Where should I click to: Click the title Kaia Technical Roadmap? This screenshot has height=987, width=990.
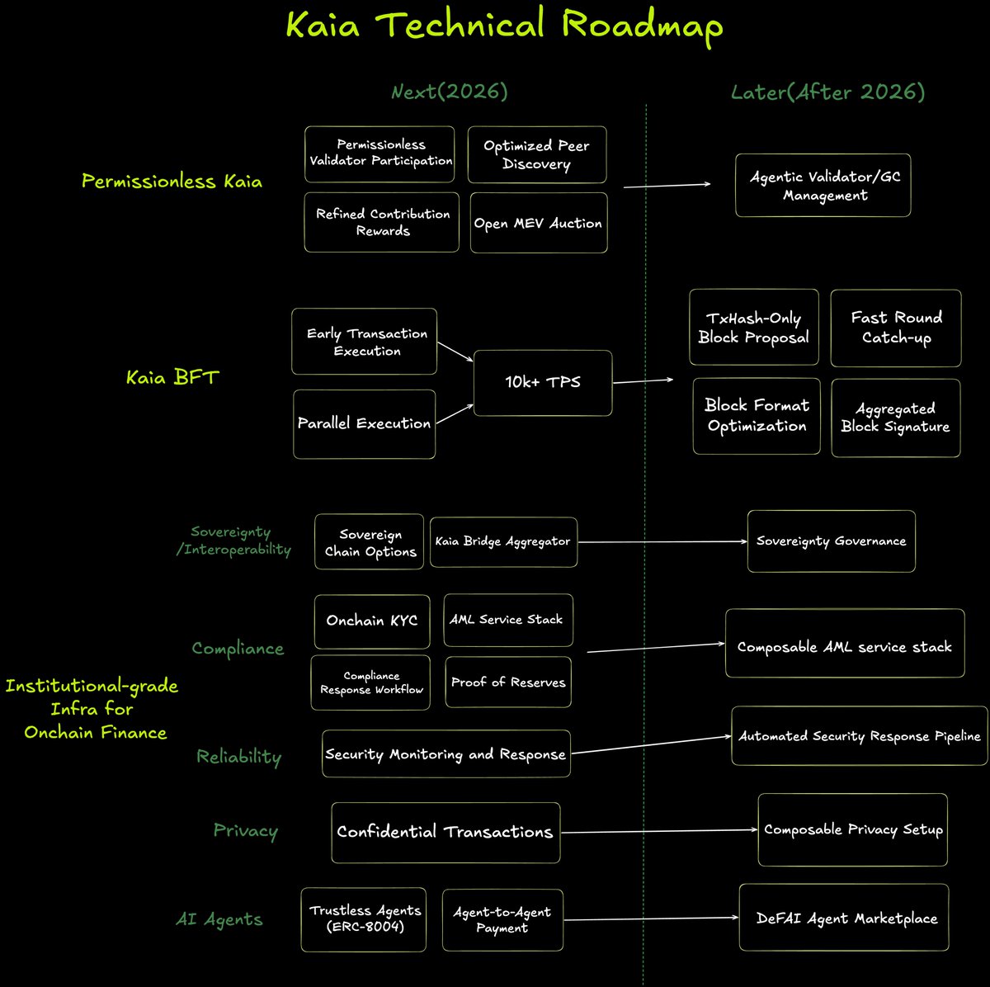(x=504, y=26)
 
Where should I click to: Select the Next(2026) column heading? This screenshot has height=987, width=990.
(x=450, y=92)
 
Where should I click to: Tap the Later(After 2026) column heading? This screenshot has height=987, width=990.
(x=827, y=92)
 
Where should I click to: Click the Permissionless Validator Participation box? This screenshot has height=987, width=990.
(x=379, y=153)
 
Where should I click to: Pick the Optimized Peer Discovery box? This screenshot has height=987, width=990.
(x=536, y=154)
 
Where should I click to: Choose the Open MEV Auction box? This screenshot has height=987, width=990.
(x=538, y=223)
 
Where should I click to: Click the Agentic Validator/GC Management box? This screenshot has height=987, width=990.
(x=823, y=186)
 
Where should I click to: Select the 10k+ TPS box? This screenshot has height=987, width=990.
(x=542, y=382)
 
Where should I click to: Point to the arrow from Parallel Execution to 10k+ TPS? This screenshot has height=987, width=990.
(x=455, y=413)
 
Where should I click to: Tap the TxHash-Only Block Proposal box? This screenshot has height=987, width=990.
(x=753, y=328)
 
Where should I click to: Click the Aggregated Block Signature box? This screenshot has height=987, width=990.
(x=895, y=418)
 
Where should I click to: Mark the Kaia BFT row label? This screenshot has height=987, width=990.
(x=172, y=378)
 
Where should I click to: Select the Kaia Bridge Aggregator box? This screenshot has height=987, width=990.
(x=503, y=542)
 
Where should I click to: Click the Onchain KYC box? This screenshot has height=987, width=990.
(x=371, y=621)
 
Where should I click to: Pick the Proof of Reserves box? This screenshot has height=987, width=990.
(x=507, y=682)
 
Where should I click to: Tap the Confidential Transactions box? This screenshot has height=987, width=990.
(x=445, y=832)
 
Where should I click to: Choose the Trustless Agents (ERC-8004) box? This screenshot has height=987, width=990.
(x=364, y=919)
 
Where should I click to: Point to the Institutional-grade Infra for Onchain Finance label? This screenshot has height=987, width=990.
(x=92, y=709)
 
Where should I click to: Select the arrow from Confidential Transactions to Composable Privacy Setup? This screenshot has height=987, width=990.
(x=658, y=830)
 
